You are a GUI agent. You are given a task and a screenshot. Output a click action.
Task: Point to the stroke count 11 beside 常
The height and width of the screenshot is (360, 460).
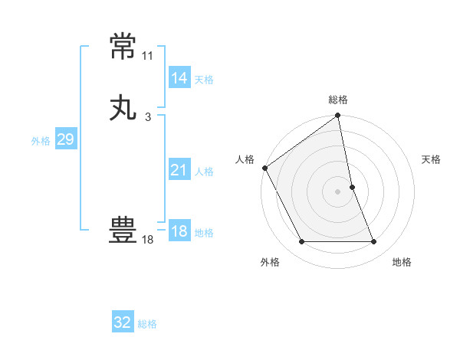tap(148, 56)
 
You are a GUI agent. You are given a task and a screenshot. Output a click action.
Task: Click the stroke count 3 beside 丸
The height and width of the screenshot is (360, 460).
tap(148, 117)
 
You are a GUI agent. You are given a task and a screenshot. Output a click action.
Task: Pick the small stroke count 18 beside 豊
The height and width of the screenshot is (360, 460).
tap(148, 240)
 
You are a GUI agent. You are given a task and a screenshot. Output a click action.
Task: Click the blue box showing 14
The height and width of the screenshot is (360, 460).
tap(179, 77)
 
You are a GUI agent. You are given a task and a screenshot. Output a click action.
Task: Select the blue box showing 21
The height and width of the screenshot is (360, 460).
tap(179, 170)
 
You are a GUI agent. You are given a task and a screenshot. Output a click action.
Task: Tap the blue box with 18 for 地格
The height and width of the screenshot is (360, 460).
tap(179, 231)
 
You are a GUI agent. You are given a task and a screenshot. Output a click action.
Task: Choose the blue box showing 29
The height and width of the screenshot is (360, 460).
tap(65, 139)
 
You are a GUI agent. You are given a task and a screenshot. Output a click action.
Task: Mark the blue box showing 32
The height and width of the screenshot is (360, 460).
tap(123, 322)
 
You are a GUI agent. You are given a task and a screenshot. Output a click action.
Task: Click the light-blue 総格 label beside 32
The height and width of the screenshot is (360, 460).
tap(148, 324)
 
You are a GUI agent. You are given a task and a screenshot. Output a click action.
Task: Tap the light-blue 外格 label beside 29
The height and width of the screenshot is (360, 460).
tap(41, 141)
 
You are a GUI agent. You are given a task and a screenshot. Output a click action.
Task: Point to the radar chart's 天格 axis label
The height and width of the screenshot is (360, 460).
tap(431, 159)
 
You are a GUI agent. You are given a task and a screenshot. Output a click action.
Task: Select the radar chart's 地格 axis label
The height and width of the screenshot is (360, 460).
tap(402, 262)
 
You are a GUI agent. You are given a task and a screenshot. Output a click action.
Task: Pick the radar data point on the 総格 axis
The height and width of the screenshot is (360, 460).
tap(338, 116)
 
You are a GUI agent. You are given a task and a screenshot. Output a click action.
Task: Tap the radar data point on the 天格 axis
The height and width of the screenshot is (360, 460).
tap(352, 187)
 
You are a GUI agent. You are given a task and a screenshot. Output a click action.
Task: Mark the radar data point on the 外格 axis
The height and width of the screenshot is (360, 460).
tap(302, 242)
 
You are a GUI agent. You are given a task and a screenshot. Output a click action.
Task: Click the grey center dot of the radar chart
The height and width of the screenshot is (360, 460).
tap(338, 191)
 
